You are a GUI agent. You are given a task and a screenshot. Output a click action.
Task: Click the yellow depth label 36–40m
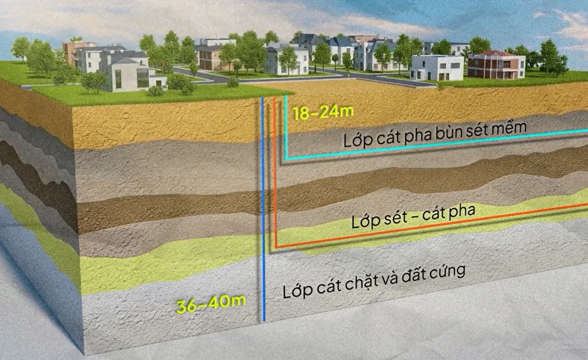point(211,305)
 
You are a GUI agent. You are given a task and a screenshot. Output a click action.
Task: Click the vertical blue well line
point(263,210)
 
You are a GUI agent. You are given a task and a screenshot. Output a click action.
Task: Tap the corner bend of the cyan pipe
point(287,157)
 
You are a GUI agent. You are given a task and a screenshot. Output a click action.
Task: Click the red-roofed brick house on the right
point(496,66)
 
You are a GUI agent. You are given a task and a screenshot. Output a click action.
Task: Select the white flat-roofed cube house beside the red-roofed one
point(436,68)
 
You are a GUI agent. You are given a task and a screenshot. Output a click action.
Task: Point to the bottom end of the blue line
point(264,319)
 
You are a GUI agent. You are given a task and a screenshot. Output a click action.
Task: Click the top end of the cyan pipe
point(286,98)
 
